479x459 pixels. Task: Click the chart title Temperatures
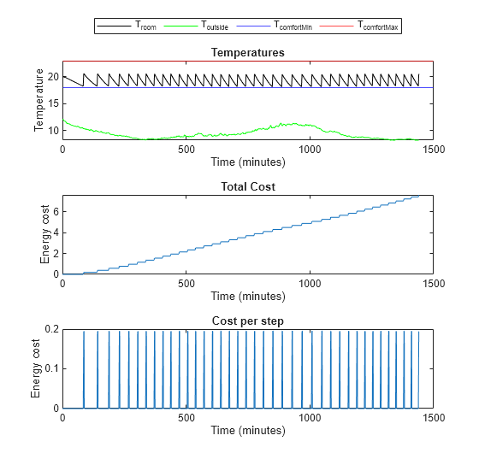pos(247,53)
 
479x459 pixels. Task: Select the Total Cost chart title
pos(247,186)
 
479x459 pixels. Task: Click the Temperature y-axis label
pos(39,101)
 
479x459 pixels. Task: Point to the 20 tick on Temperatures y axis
pos(52,77)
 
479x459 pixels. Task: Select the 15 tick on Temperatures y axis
pos(52,103)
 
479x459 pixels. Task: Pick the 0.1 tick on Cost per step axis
pos(50,368)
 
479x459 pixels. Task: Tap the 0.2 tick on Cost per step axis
pos(50,329)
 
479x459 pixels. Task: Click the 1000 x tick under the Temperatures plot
pos(309,149)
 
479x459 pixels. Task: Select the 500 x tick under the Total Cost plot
pos(186,282)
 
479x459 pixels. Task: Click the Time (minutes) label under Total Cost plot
pos(247,296)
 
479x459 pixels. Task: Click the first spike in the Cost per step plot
pos(84,368)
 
